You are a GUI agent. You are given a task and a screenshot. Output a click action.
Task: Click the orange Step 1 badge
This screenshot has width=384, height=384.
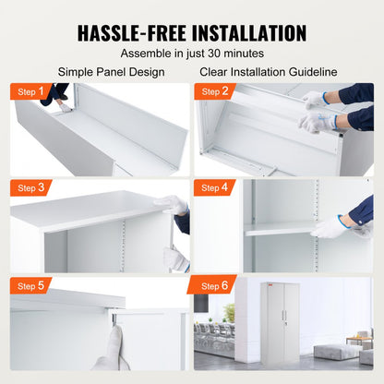[29, 91]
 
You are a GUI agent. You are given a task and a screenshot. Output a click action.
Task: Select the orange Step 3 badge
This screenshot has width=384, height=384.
[29, 187]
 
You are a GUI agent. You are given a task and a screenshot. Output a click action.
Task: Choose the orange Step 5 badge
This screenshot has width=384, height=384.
[29, 284]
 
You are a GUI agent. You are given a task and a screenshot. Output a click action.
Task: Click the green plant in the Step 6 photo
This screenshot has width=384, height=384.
[229, 313]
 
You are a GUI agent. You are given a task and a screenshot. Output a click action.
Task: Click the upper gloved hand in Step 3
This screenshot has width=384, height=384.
[172, 206]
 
